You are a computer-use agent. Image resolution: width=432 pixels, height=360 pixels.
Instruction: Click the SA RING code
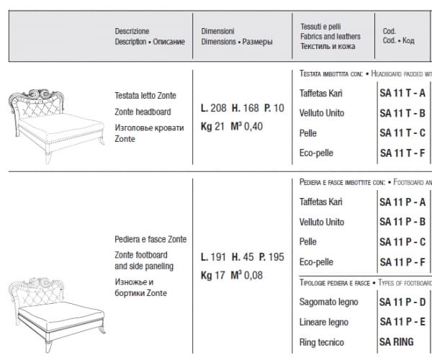click(x=398, y=343)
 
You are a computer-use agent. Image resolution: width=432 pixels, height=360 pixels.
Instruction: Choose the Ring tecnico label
click(x=320, y=343)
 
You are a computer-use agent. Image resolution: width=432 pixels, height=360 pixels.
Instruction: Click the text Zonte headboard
click(x=143, y=112)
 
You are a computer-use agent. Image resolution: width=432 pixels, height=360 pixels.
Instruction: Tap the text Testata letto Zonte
click(x=145, y=96)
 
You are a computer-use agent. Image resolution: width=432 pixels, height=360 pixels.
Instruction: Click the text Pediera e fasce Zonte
click(x=150, y=239)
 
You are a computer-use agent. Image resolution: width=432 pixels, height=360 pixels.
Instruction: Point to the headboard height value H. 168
click(x=243, y=108)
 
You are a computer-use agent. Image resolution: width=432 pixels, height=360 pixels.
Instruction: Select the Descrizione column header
click(x=132, y=32)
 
